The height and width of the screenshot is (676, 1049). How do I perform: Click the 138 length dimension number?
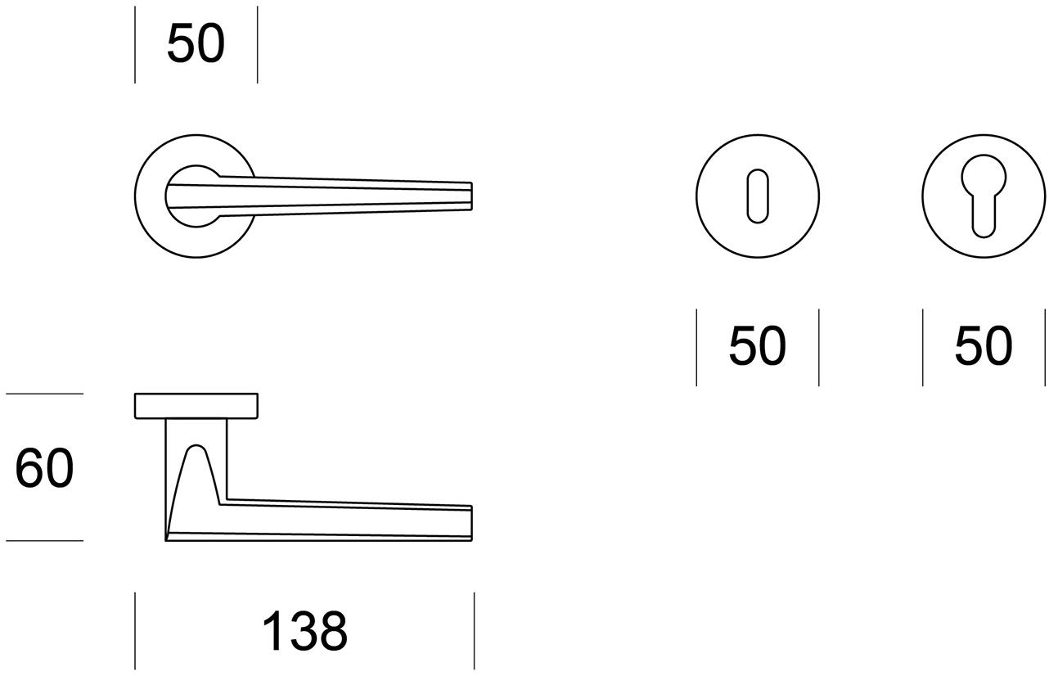click(305, 630)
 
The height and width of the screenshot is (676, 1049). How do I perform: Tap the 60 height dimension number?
click(44, 467)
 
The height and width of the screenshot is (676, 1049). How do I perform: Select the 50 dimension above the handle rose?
click(196, 43)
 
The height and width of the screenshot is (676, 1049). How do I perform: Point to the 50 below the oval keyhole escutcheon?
click(757, 345)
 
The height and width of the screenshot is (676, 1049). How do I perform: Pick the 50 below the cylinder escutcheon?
click(984, 345)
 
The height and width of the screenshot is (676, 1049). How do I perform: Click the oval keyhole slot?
click(757, 196)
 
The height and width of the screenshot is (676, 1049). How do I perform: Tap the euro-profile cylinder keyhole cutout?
click(984, 196)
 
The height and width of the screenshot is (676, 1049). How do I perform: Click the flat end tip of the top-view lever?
click(471, 196)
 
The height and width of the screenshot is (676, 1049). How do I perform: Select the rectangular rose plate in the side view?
click(196, 406)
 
